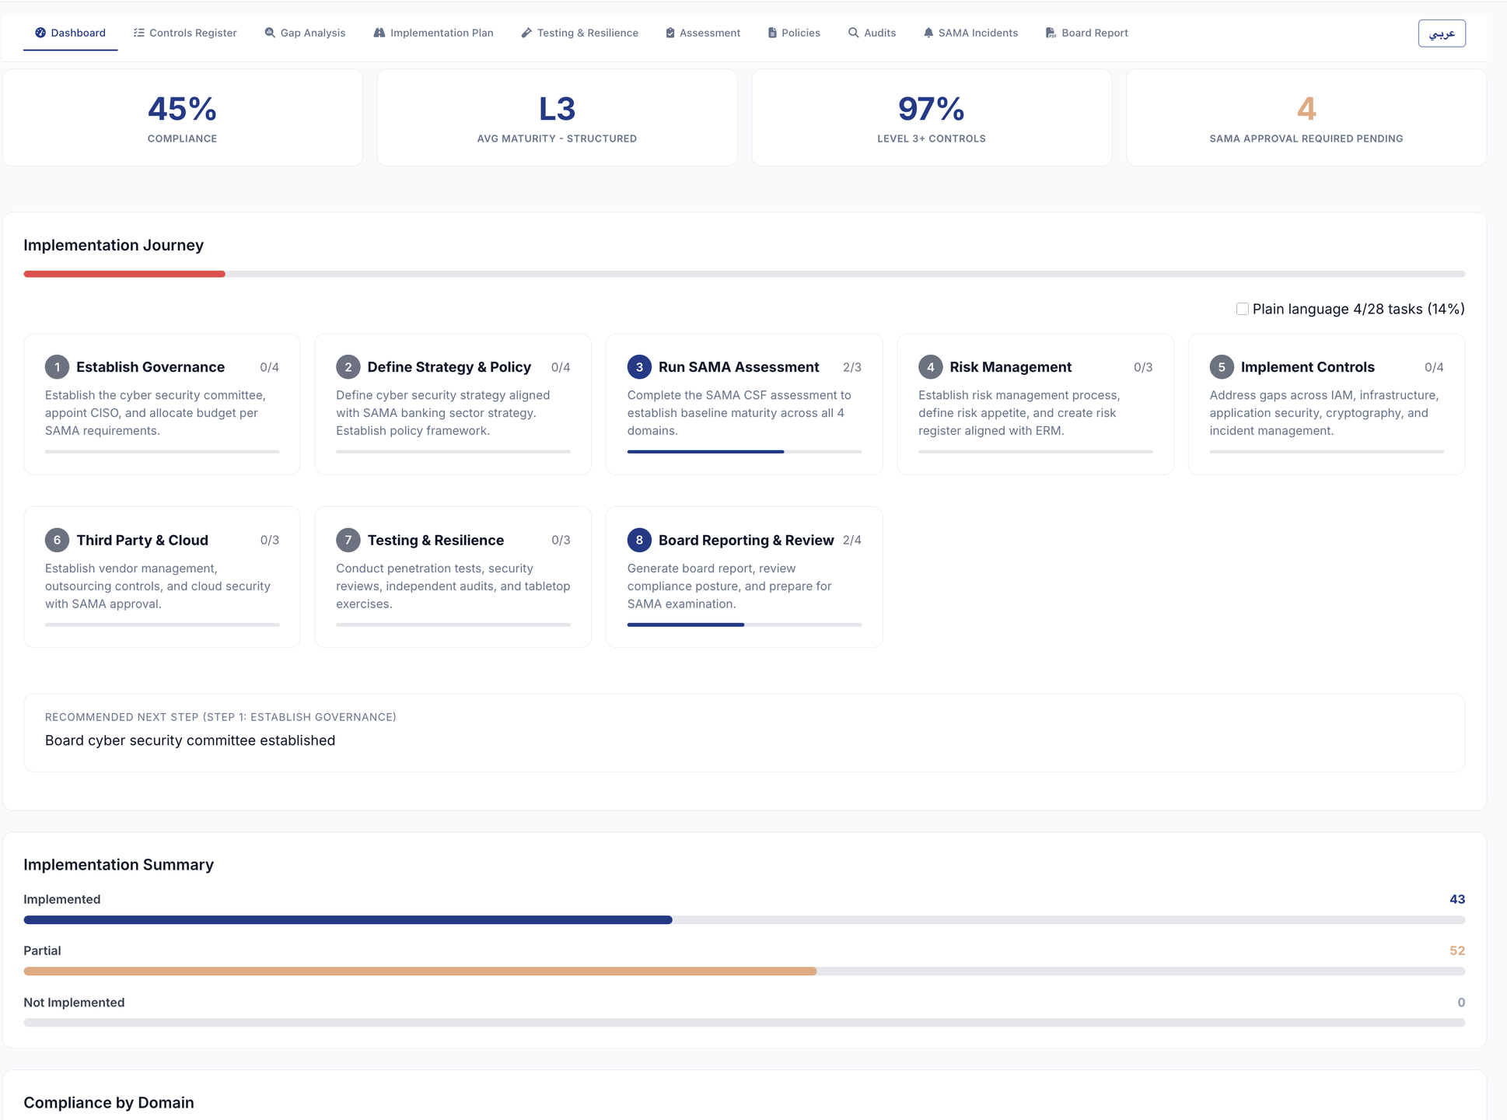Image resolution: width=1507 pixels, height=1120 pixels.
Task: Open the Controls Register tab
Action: (x=185, y=33)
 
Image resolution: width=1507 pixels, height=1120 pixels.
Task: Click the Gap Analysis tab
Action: (x=305, y=33)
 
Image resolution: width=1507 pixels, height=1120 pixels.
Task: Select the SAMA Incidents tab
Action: (x=970, y=33)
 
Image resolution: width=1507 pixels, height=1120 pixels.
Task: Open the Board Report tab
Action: (x=1086, y=33)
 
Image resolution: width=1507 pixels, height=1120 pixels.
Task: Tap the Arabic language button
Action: (x=1442, y=33)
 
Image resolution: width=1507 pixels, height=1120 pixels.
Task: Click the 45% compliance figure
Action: (x=182, y=109)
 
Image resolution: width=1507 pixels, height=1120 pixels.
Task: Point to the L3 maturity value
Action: (x=557, y=109)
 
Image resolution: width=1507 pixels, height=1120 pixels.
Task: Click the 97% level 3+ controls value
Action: (x=931, y=109)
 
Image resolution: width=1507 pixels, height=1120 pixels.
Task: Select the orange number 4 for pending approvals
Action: (x=1306, y=109)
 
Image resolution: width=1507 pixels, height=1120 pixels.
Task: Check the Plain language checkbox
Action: (x=1243, y=309)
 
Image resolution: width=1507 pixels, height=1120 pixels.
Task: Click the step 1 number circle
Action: (x=57, y=367)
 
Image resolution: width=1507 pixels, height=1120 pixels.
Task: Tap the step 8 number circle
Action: (x=639, y=540)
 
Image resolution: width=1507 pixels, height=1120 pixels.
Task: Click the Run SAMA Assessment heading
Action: (x=739, y=367)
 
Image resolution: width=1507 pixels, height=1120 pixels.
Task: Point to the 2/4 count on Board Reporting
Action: (x=852, y=540)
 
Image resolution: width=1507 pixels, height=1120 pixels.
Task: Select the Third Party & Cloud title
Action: (x=142, y=540)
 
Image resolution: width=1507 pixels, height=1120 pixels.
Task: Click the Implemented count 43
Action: (x=1457, y=899)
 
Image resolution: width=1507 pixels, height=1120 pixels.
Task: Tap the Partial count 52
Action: (x=1457, y=950)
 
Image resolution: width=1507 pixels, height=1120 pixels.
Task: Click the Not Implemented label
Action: (x=74, y=1003)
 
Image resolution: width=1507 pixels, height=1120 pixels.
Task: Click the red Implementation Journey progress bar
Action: (x=124, y=274)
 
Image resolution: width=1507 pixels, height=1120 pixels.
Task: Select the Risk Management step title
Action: (x=1010, y=367)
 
